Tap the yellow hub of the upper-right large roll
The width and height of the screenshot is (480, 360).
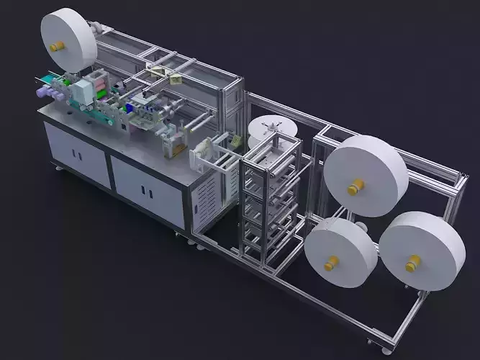pos(353,189)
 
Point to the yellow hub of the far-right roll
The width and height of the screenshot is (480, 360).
pos(411,266)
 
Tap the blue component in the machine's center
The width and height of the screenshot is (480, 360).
pos(130,108)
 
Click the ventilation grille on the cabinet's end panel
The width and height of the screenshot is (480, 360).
pos(210,197)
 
